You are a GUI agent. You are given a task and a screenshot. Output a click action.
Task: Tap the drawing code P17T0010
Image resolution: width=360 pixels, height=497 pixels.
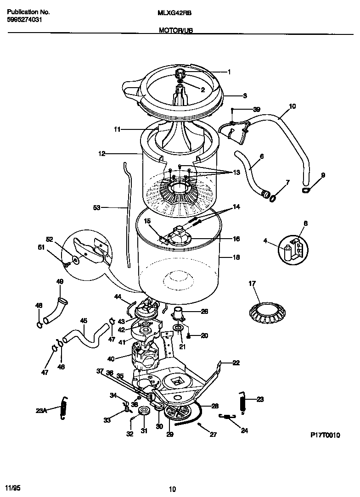pyautogui.click(x=325, y=436)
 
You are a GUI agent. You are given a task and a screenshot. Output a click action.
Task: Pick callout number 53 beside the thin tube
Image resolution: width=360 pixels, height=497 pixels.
pyautogui.click(x=96, y=208)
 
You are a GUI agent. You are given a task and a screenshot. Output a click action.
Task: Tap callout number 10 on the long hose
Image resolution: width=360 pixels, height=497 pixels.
pyautogui.click(x=292, y=106)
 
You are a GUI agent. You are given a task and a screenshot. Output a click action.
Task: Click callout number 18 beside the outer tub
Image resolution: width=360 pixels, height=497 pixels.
pyautogui.click(x=236, y=257)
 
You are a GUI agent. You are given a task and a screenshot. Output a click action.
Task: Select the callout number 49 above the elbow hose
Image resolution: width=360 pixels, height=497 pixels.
pyautogui.click(x=59, y=281)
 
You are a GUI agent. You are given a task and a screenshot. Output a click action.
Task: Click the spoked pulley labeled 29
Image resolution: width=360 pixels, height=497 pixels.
pyautogui.click(x=176, y=411)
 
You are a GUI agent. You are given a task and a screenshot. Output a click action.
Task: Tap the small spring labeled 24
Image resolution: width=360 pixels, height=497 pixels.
pyautogui.click(x=226, y=416)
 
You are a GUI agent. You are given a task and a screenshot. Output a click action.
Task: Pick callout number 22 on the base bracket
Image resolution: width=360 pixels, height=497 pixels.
pyautogui.click(x=236, y=363)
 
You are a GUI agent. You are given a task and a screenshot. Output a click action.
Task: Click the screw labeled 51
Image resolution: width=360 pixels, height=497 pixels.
pyautogui.click(x=67, y=264)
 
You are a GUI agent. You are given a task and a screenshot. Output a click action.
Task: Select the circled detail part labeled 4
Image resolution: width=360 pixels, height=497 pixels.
pyautogui.click(x=287, y=253)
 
